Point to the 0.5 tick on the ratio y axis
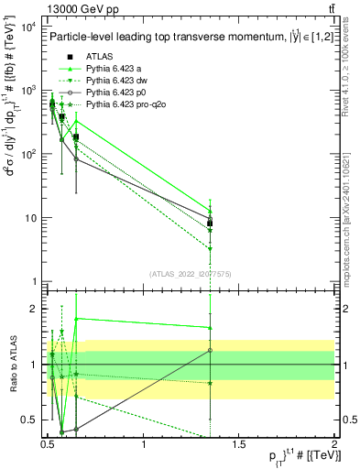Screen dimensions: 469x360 coord(29,420)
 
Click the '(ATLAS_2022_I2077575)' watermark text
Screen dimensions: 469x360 coord(191,273)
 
